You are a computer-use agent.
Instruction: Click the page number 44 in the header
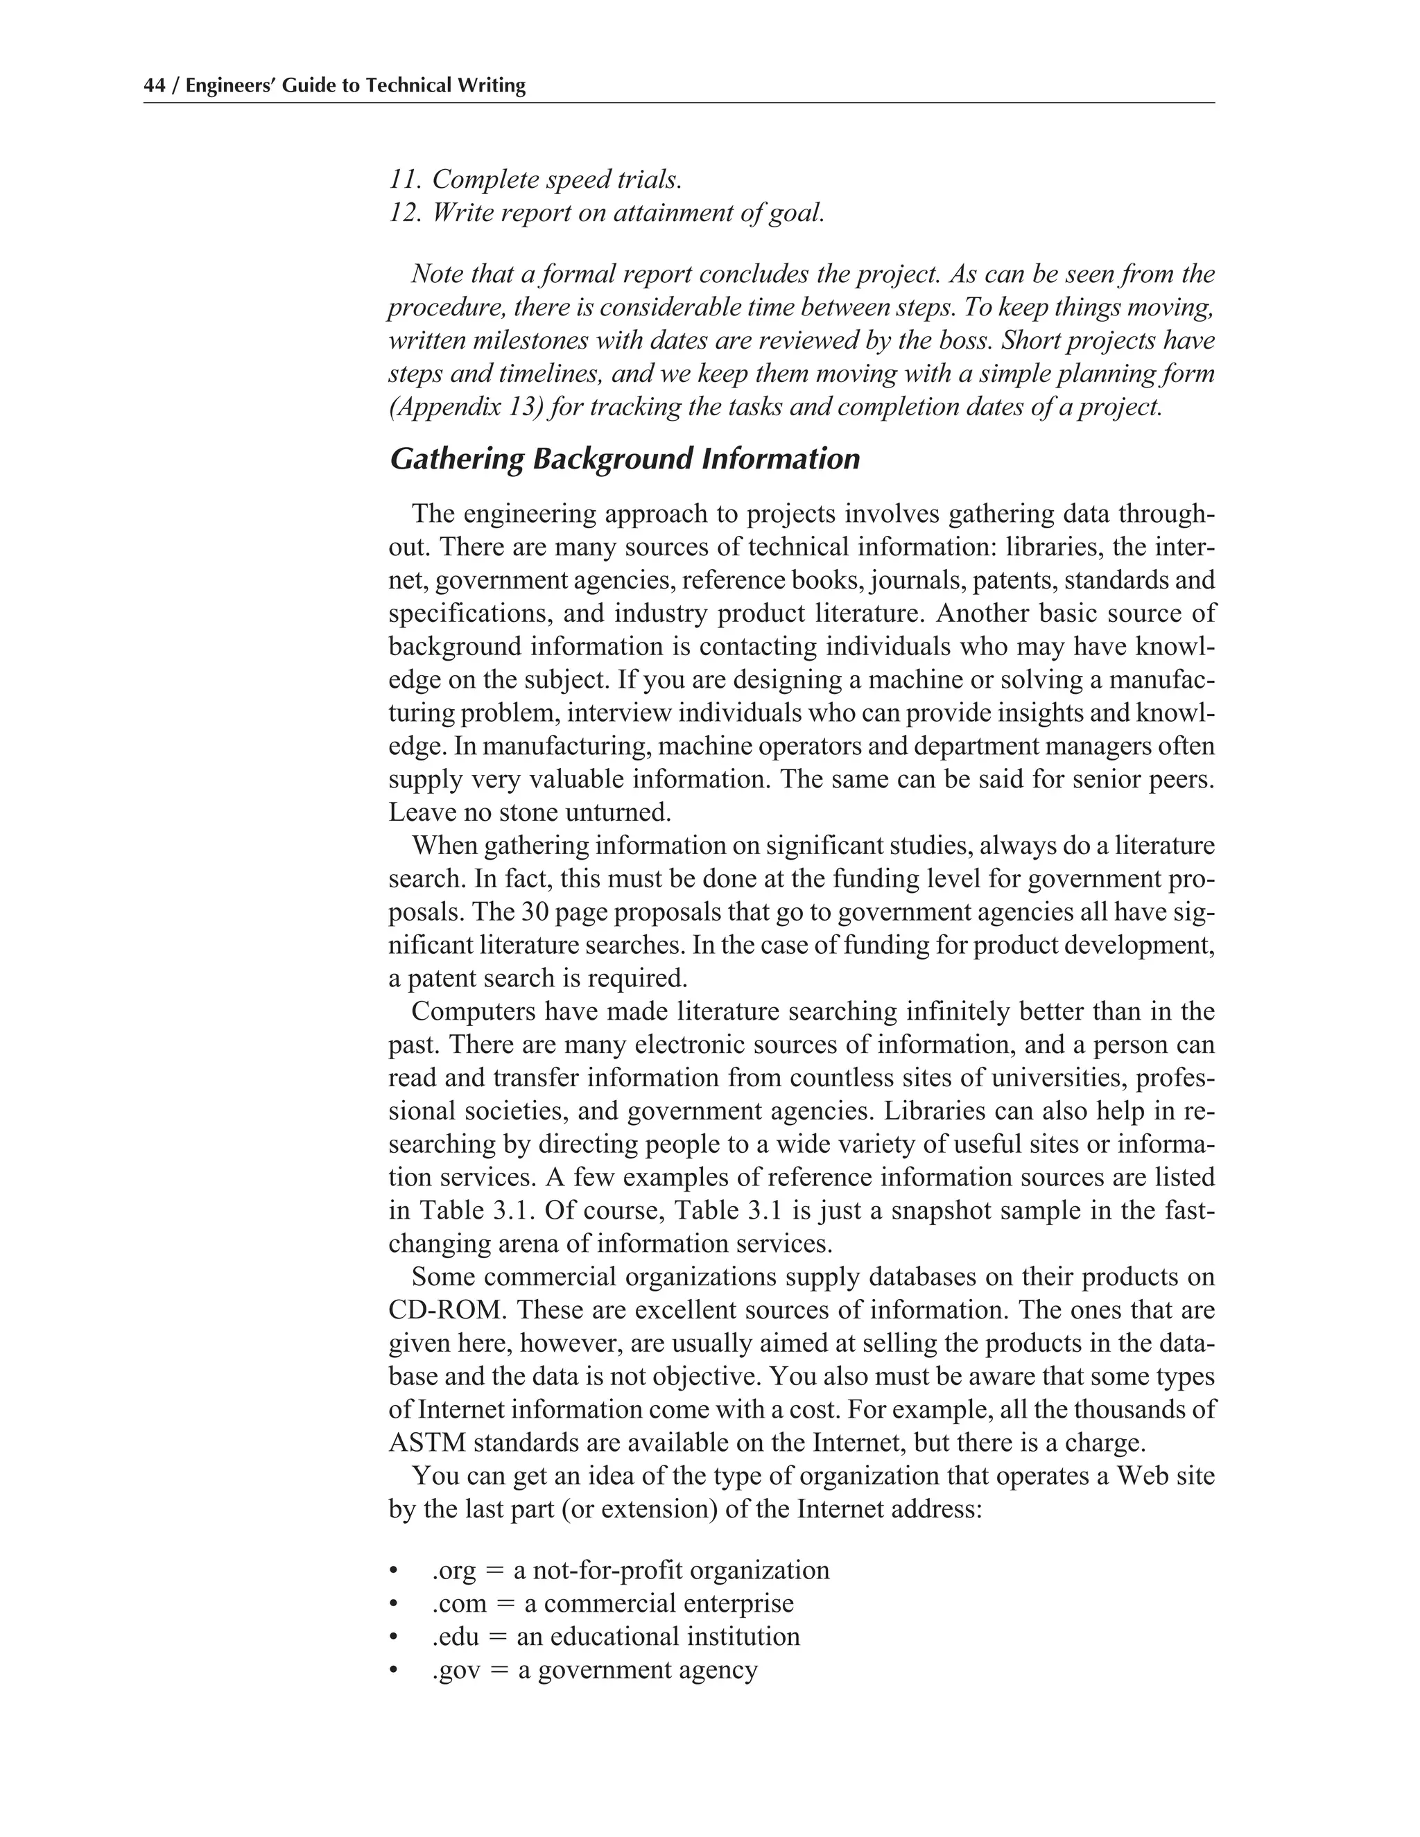154,86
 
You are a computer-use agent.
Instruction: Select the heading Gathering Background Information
624,459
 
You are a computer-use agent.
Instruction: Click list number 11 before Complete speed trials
405,179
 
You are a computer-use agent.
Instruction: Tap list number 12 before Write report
405,213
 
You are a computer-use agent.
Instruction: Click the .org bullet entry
630,1569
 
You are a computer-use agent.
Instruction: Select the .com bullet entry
612,1603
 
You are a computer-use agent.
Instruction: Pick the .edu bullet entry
615,1636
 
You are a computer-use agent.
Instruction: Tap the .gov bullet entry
594,1670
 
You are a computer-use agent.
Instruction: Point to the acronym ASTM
426,1443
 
